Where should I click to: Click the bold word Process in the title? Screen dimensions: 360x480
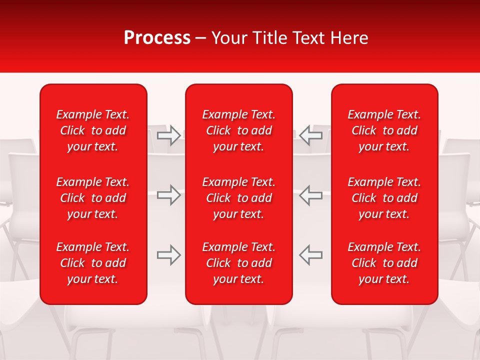[x=157, y=38]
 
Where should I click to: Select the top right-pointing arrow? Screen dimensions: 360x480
[x=168, y=135]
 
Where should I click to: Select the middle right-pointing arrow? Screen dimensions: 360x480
[x=168, y=195]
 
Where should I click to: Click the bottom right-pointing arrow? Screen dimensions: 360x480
[x=168, y=255]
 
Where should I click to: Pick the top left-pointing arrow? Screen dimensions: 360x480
[x=311, y=135]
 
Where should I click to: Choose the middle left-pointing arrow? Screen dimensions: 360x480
[x=311, y=195]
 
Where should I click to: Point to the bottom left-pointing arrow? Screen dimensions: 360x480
[x=311, y=255]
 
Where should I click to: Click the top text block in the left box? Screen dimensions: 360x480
[x=93, y=130]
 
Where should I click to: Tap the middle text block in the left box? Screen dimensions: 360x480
[x=93, y=198]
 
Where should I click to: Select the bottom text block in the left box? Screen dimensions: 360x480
[x=93, y=263]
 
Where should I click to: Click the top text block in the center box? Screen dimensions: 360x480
[x=238, y=130]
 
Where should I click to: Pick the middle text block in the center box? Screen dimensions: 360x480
[x=238, y=198]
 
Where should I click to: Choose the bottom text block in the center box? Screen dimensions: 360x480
[x=238, y=263]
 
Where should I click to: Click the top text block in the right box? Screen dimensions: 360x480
[x=384, y=130]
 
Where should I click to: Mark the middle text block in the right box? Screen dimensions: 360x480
[x=384, y=198]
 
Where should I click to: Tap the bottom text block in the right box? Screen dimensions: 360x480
[x=384, y=263]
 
